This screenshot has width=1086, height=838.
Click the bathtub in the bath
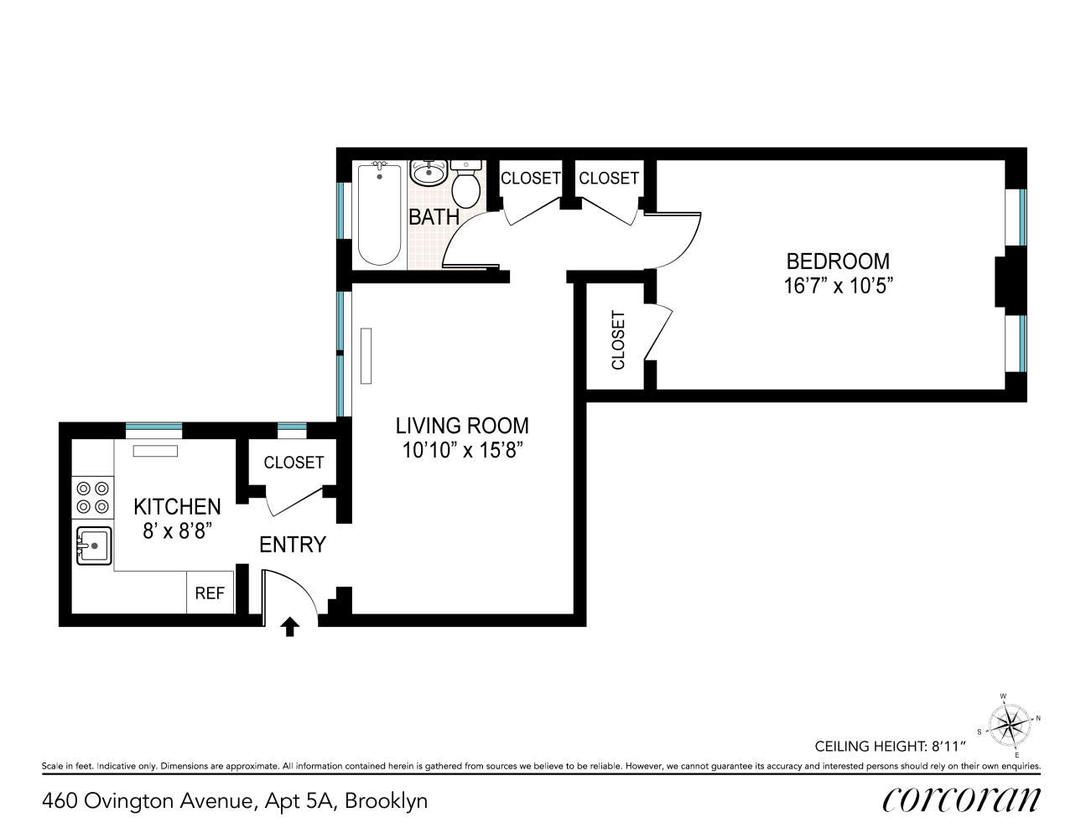pyautogui.click(x=379, y=215)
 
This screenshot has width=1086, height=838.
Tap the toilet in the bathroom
pyautogui.click(x=465, y=184)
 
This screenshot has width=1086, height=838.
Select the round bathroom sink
pyautogui.click(x=429, y=173)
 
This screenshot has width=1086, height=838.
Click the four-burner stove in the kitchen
pyautogui.click(x=93, y=497)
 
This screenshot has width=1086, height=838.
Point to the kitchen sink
pyautogui.click(x=94, y=546)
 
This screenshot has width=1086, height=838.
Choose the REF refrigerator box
pyautogui.click(x=210, y=592)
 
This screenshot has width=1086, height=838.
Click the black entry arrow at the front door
pyautogui.click(x=290, y=627)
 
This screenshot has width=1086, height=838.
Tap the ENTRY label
pyautogui.click(x=293, y=545)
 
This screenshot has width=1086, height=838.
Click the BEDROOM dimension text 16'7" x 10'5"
pyautogui.click(x=838, y=286)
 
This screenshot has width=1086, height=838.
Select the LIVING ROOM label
pyautogui.click(x=462, y=426)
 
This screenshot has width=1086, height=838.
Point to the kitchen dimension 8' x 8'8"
pyautogui.click(x=174, y=530)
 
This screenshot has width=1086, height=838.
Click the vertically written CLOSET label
pyautogui.click(x=619, y=340)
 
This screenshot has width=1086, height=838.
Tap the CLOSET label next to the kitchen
pyautogui.click(x=294, y=463)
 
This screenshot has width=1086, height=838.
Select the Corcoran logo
pyautogui.click(x=961, y=800)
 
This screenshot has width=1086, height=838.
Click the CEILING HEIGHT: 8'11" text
pyautogui.click(x=890, y=746)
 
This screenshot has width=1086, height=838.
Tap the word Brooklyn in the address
pyautogui.click(x=387, y=801)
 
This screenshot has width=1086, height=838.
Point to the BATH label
pyautogui.click(x=434, y=217)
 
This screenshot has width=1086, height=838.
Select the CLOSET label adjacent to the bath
pyautogui.click(x=531, y=178)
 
